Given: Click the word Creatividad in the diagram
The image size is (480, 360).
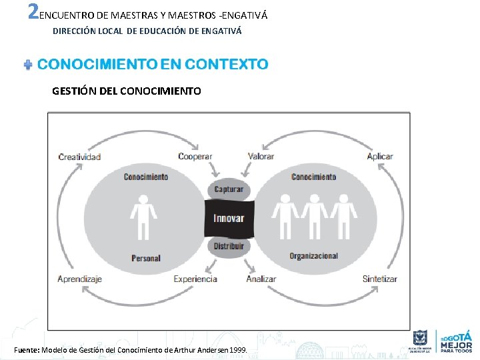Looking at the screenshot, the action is pos(79,157).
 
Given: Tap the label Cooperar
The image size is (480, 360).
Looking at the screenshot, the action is pos(195,157).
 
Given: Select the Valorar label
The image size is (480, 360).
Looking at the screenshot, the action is pos(261,157).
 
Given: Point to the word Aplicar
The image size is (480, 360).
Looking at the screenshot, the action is pos(380,157).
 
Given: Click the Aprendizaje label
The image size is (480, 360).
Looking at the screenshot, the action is pos(79,279).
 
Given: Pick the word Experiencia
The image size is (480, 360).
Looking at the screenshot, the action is pos(195,279).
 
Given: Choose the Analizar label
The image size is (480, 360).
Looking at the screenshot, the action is pos(261,279).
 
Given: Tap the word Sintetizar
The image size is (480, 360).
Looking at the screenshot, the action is pos(380,279).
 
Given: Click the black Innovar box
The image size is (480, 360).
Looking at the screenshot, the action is pos(229,218).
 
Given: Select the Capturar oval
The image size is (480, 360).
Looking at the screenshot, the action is pos(229,189).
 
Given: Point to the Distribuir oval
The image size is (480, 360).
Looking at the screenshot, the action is pos(229,246).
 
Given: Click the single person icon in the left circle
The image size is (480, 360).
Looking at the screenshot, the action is pos(143,217).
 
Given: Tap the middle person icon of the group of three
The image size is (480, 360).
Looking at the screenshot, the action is pos(315,217).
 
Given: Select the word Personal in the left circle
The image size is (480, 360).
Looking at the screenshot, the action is pos(146,258).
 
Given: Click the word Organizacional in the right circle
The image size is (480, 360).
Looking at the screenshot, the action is pos(313,256).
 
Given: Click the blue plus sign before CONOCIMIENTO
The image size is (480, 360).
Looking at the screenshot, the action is pos(28,65).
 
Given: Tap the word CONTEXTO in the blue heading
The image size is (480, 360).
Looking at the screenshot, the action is pos(226,65).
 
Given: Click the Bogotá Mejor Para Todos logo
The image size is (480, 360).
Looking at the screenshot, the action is pos(456,341).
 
